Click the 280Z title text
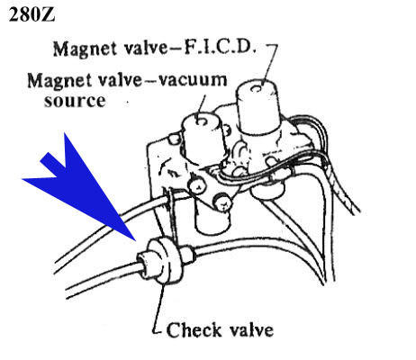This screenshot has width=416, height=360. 32,14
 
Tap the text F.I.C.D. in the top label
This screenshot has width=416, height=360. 220,49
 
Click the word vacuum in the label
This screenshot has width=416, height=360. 193,80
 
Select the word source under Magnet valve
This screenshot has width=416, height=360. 75,101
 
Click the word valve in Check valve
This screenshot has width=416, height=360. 251,330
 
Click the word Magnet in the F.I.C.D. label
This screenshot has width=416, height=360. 85,49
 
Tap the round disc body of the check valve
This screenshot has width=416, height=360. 165,260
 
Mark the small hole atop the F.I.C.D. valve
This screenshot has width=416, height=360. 257,88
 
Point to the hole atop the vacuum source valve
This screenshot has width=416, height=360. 201,121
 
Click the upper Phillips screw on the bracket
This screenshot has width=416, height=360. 197,186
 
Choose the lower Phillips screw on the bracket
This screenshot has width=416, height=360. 222,202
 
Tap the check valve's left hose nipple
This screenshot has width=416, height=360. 144,263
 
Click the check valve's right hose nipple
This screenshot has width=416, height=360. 188,254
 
